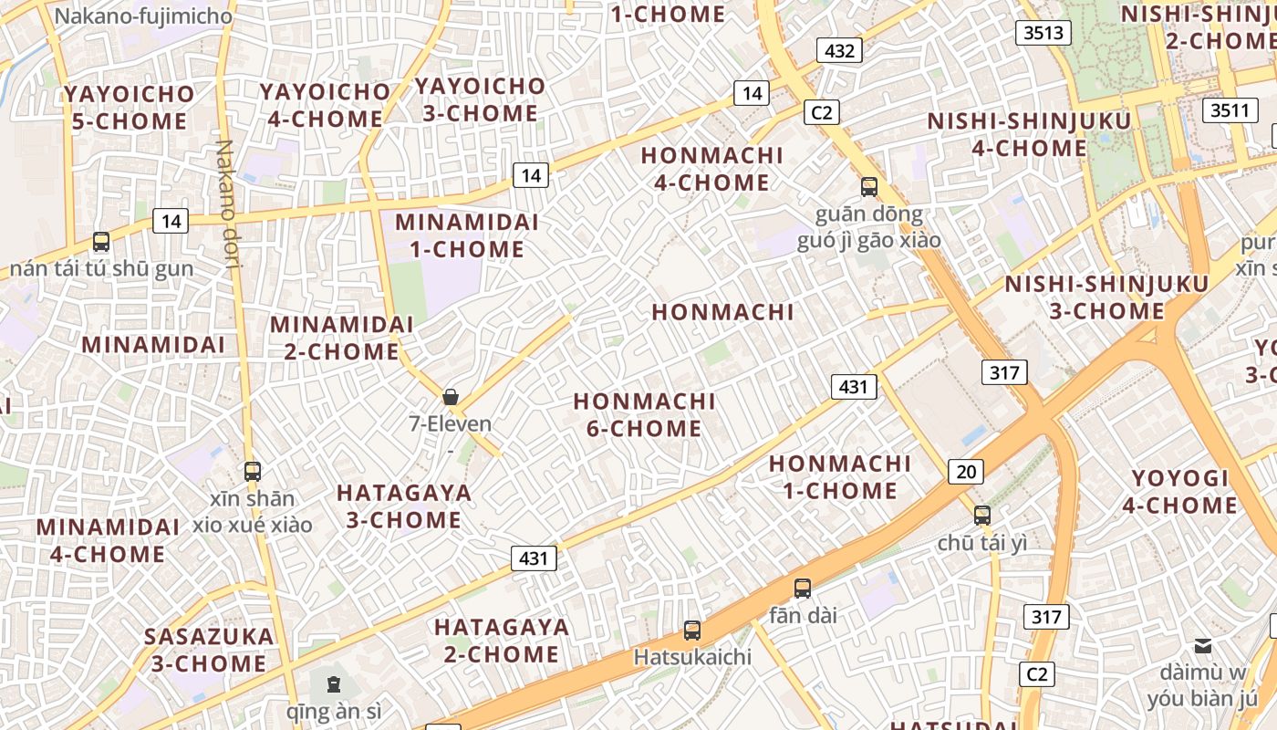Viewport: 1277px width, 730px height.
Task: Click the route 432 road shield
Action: (x=839, y=50)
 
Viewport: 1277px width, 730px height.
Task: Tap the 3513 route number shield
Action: (x=1043, y=33)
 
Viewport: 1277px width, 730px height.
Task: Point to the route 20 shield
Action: (x=966, y=472)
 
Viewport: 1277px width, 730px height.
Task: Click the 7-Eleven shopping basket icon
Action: (x=450, y=397)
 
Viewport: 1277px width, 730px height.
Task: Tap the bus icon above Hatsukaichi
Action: (x=692, y=631)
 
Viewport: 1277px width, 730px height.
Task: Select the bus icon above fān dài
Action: (x=803, y=589)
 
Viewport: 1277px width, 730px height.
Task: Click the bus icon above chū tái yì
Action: (x=981, y=516)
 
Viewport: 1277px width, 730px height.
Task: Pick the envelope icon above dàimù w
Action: (x=1203, y=646)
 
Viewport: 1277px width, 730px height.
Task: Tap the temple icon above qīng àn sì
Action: (x=334, y=683)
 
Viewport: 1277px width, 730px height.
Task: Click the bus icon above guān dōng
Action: (x=869, y=187)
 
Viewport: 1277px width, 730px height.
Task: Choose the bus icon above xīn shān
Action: (x=253, y=472)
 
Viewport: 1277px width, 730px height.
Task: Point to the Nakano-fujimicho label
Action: (x=143, y=16)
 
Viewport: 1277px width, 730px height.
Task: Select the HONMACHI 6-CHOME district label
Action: (x=644, y=414)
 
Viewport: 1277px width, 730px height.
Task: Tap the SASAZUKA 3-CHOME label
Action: (x=209, y=650)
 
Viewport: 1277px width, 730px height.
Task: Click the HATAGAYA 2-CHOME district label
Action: (x=502, y=641)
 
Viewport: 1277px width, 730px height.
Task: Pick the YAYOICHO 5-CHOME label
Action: (x=130, y=108)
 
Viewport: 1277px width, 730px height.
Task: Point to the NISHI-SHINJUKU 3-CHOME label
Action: (x=1106, y=297)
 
